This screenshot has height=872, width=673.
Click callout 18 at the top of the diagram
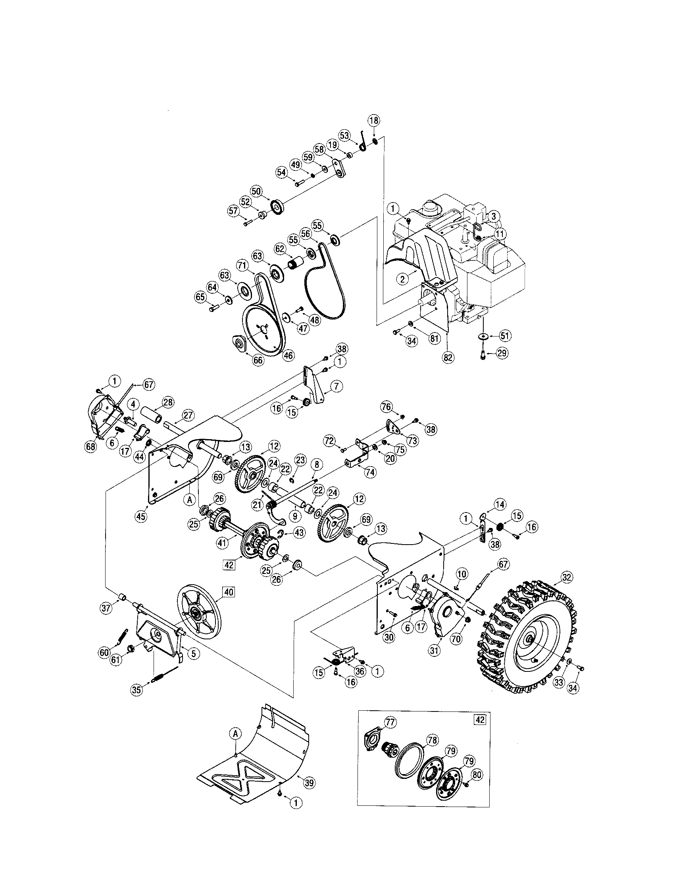click(374, 120)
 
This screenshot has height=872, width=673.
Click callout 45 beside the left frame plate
click(141, 516)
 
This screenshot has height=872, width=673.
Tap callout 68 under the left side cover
click(91, 446)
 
